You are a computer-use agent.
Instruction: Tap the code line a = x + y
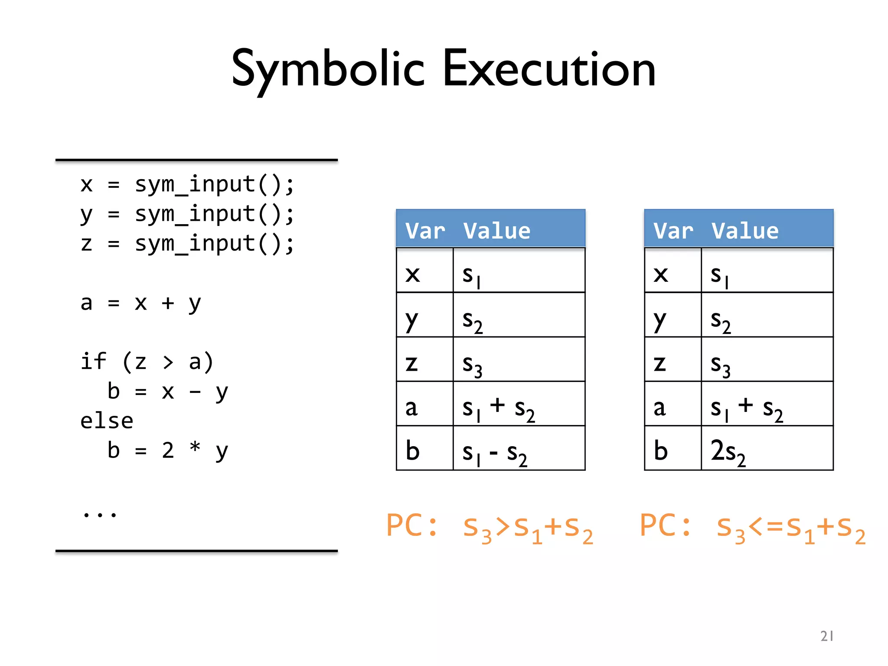coord(141,303)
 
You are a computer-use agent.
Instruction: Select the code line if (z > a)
coord(147,362)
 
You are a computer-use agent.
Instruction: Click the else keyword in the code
coord(107,421)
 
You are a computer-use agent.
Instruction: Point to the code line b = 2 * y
coord(167,451)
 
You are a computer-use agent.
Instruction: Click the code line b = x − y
coord(167,392)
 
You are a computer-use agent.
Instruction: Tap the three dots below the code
coord(100,514)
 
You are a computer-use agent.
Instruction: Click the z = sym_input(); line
coord(187,244)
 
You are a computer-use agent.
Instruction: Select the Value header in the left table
coord(497,230)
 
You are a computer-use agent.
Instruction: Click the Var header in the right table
coord(673,230)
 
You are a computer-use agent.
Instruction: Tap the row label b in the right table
coord(661,451)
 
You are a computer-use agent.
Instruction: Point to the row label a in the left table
coord(411,408)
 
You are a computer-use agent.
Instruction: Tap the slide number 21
coord(827,636)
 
